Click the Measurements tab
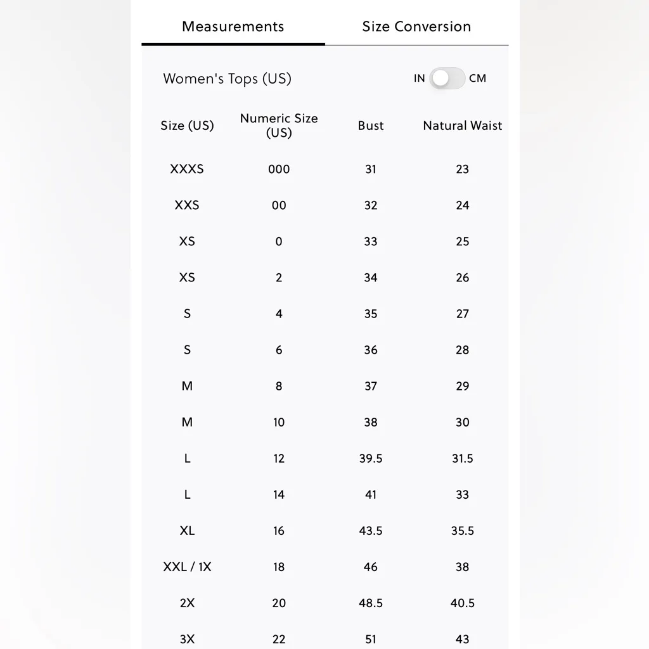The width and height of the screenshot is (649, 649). pyautogui.click(x=233, y=27)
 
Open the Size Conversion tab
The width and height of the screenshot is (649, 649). pyautogui.click(x=416, y=27)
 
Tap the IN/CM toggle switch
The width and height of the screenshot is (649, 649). pyautogui.click(x=447, y=79)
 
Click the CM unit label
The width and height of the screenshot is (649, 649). pyautogui.click(x=477, y=79)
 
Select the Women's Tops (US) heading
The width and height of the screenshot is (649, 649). pyautogui.click(x=227, y=79)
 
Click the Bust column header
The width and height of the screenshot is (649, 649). pyautogui.click(x=371, y=125)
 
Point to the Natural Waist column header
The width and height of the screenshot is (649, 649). pyautogui.click(x=462, y=125)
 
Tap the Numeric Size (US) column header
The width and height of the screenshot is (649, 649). pyautogui.click(x=279, y=125)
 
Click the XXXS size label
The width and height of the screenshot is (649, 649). pyautogui.click(x=187, y=169)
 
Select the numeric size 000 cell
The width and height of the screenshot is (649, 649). pyautogui.click(x=279, y=169)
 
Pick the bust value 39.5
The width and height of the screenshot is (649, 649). pyautogui.click(x=371, y=458)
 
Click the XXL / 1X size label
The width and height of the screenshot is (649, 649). pyautogui.click(x=187, y=567)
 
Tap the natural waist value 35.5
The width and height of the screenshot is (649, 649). pyautogui.click(x=462, y=530)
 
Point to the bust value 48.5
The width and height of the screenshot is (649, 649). pyautogui.click(x=371, y=603)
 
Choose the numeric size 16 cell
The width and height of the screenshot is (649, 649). pyautogui.click(x=279, y=530)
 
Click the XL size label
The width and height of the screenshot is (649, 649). pyautogui.click(x=187, y=530)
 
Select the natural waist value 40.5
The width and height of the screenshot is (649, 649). pyautogui.click(x=462, y=603)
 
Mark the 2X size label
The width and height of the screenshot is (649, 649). pyautogui.click(x=187, y=603)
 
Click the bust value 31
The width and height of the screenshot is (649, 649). pyautogui.click(x=371, y=169)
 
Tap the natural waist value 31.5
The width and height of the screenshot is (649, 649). pyautogui.click(x=462, y=458)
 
